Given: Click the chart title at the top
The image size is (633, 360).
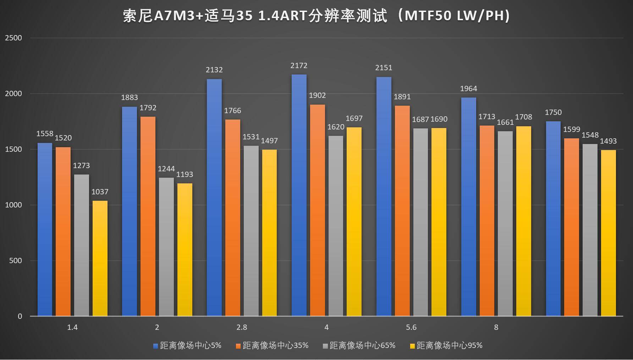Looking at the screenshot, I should click(316, 16).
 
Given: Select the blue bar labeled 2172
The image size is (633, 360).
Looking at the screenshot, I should click(299, 195).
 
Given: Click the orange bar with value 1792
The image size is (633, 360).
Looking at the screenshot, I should click(148, 216).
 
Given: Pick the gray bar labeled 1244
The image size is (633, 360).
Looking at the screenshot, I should click(166, 247).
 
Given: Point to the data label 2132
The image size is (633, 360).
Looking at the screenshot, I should click(214, 70).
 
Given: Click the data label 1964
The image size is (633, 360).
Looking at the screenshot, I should click(468, 89).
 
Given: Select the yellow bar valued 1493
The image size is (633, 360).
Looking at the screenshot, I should click(608, 233).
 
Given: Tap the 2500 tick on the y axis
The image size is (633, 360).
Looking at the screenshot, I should click(13, 38).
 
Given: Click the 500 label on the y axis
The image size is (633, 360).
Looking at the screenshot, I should click(15, 261).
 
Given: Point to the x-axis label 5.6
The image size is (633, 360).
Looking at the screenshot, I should click(411, 327).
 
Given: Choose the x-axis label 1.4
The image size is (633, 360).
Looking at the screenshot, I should click(72, 327).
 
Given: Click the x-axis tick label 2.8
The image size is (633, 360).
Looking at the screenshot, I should click(242, 327).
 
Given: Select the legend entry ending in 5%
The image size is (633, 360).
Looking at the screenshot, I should click(191, 345).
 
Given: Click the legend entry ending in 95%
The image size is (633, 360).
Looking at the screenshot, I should click(449, 345).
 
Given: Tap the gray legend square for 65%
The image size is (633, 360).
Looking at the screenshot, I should click(325, 346).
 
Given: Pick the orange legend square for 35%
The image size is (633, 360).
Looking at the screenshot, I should click(238, 346).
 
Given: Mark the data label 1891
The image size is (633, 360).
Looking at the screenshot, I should click(402, 97).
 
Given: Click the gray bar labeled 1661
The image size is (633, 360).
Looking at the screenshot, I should click(505, 223).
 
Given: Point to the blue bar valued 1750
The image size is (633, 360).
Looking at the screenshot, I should click(553, 218).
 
